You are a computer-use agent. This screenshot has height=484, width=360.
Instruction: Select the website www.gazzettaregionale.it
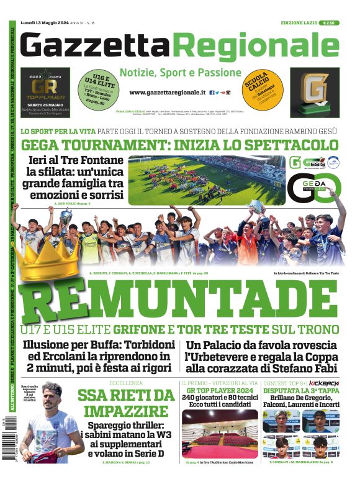click(x=168, y=92)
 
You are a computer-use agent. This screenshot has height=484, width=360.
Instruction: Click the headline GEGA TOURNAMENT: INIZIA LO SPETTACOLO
click(x=179, y=145)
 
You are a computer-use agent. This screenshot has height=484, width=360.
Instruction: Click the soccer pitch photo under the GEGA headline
click(x=207, y=180)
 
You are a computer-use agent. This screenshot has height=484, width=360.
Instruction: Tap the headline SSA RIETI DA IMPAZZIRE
click(x=126, y=403)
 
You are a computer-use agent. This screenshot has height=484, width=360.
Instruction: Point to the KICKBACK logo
click(x=324, y=383)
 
